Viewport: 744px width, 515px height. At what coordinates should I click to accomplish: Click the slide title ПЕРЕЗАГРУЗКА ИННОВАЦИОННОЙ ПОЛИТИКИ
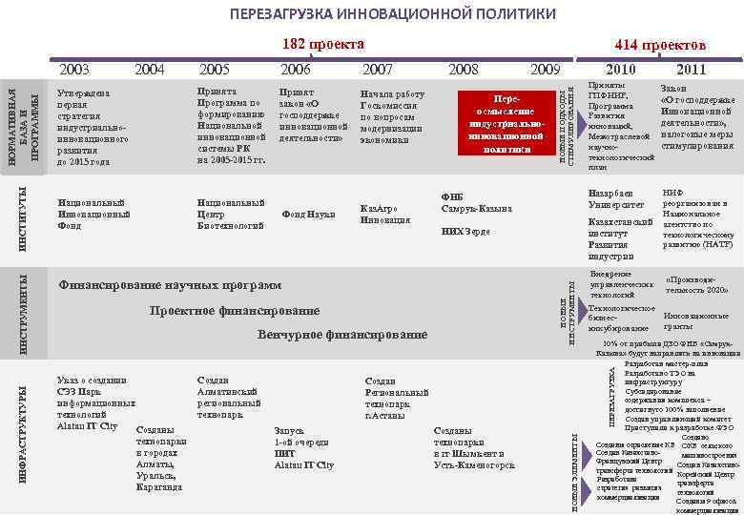click(x=392, y=14)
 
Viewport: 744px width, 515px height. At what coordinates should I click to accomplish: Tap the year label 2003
click(x=74, y=69)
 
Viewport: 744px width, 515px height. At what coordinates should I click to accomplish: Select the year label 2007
click(x=378, y=69)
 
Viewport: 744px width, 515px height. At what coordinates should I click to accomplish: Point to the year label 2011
click(x=690, y=69)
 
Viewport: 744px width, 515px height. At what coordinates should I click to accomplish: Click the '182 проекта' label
click(x=324, y=44)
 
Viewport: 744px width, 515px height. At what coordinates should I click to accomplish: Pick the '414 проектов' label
click(x=660, y=45)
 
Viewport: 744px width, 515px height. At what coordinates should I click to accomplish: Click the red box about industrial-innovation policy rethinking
click(x=505, y=123)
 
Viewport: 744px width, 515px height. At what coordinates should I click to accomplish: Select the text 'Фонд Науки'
click(x=308, y=215)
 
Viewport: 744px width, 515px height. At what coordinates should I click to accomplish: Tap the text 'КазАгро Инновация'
click(x=385, y=214)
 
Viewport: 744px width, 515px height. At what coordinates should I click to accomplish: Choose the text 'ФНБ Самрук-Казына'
click(x=476, y=202)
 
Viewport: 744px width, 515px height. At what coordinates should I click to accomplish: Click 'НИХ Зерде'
click(x=465, y=232)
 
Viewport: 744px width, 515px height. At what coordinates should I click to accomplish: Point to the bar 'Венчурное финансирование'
click(x=342, y=335)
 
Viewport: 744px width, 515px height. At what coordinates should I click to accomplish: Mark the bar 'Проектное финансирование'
click(x=234, y=311)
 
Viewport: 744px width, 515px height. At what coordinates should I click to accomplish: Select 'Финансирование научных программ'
click(x=170, y=285)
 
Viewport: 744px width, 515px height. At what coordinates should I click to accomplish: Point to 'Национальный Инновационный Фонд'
click(x=93, y=214)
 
